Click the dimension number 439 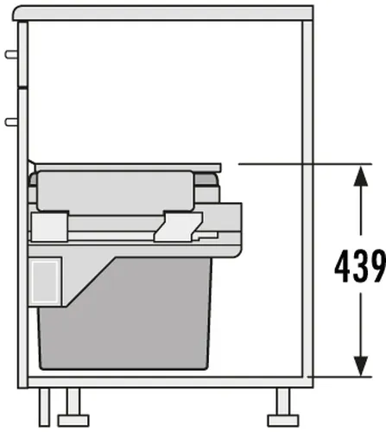pyautogui.click(x=360, y=266)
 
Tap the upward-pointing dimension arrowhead pyautogui.click(x=361, y=176)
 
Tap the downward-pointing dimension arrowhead pyautogui.click(x=361, y=365)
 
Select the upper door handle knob pyautogui.click(x=11, y=54)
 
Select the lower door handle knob pyautogui.click(x=11, y=122)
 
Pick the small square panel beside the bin pyautogui.click(x=45, y=282)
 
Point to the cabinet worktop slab pyautogui.click(x=163, y=13)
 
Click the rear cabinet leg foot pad pyautogui.click(x=283, y=421)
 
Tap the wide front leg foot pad pyautogui.click(x=73, y=421)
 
